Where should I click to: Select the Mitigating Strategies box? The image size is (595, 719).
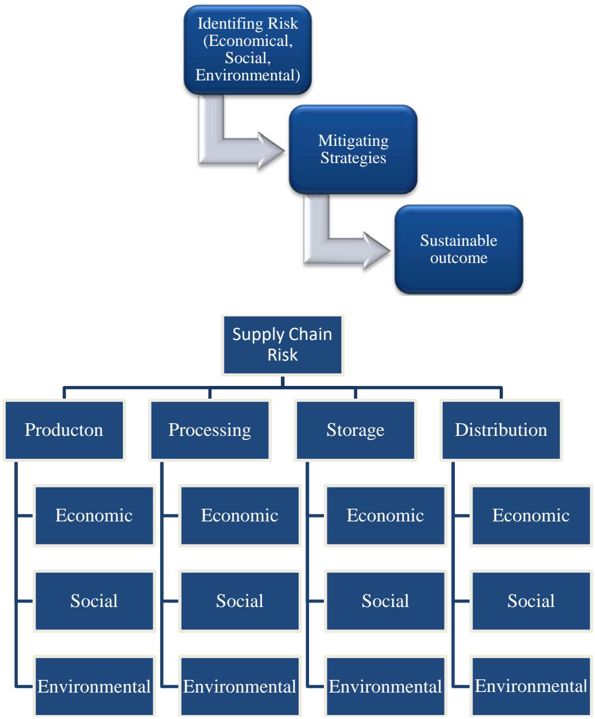[353, 149]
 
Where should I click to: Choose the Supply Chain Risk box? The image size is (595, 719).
[282, 343]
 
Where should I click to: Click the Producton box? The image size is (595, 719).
[64, 430]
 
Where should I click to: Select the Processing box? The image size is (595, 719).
[210, 430]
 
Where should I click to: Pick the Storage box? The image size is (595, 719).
[356, 430]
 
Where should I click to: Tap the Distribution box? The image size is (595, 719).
[501, 430]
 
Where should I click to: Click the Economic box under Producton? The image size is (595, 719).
[94, 515]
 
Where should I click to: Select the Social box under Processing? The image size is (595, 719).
[240, 601]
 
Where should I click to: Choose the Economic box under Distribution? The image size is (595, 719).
[531, 515]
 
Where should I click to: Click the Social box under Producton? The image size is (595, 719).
[94, 601]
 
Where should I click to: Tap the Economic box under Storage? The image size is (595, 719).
[385, 515]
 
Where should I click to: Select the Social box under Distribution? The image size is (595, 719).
[531, 601]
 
